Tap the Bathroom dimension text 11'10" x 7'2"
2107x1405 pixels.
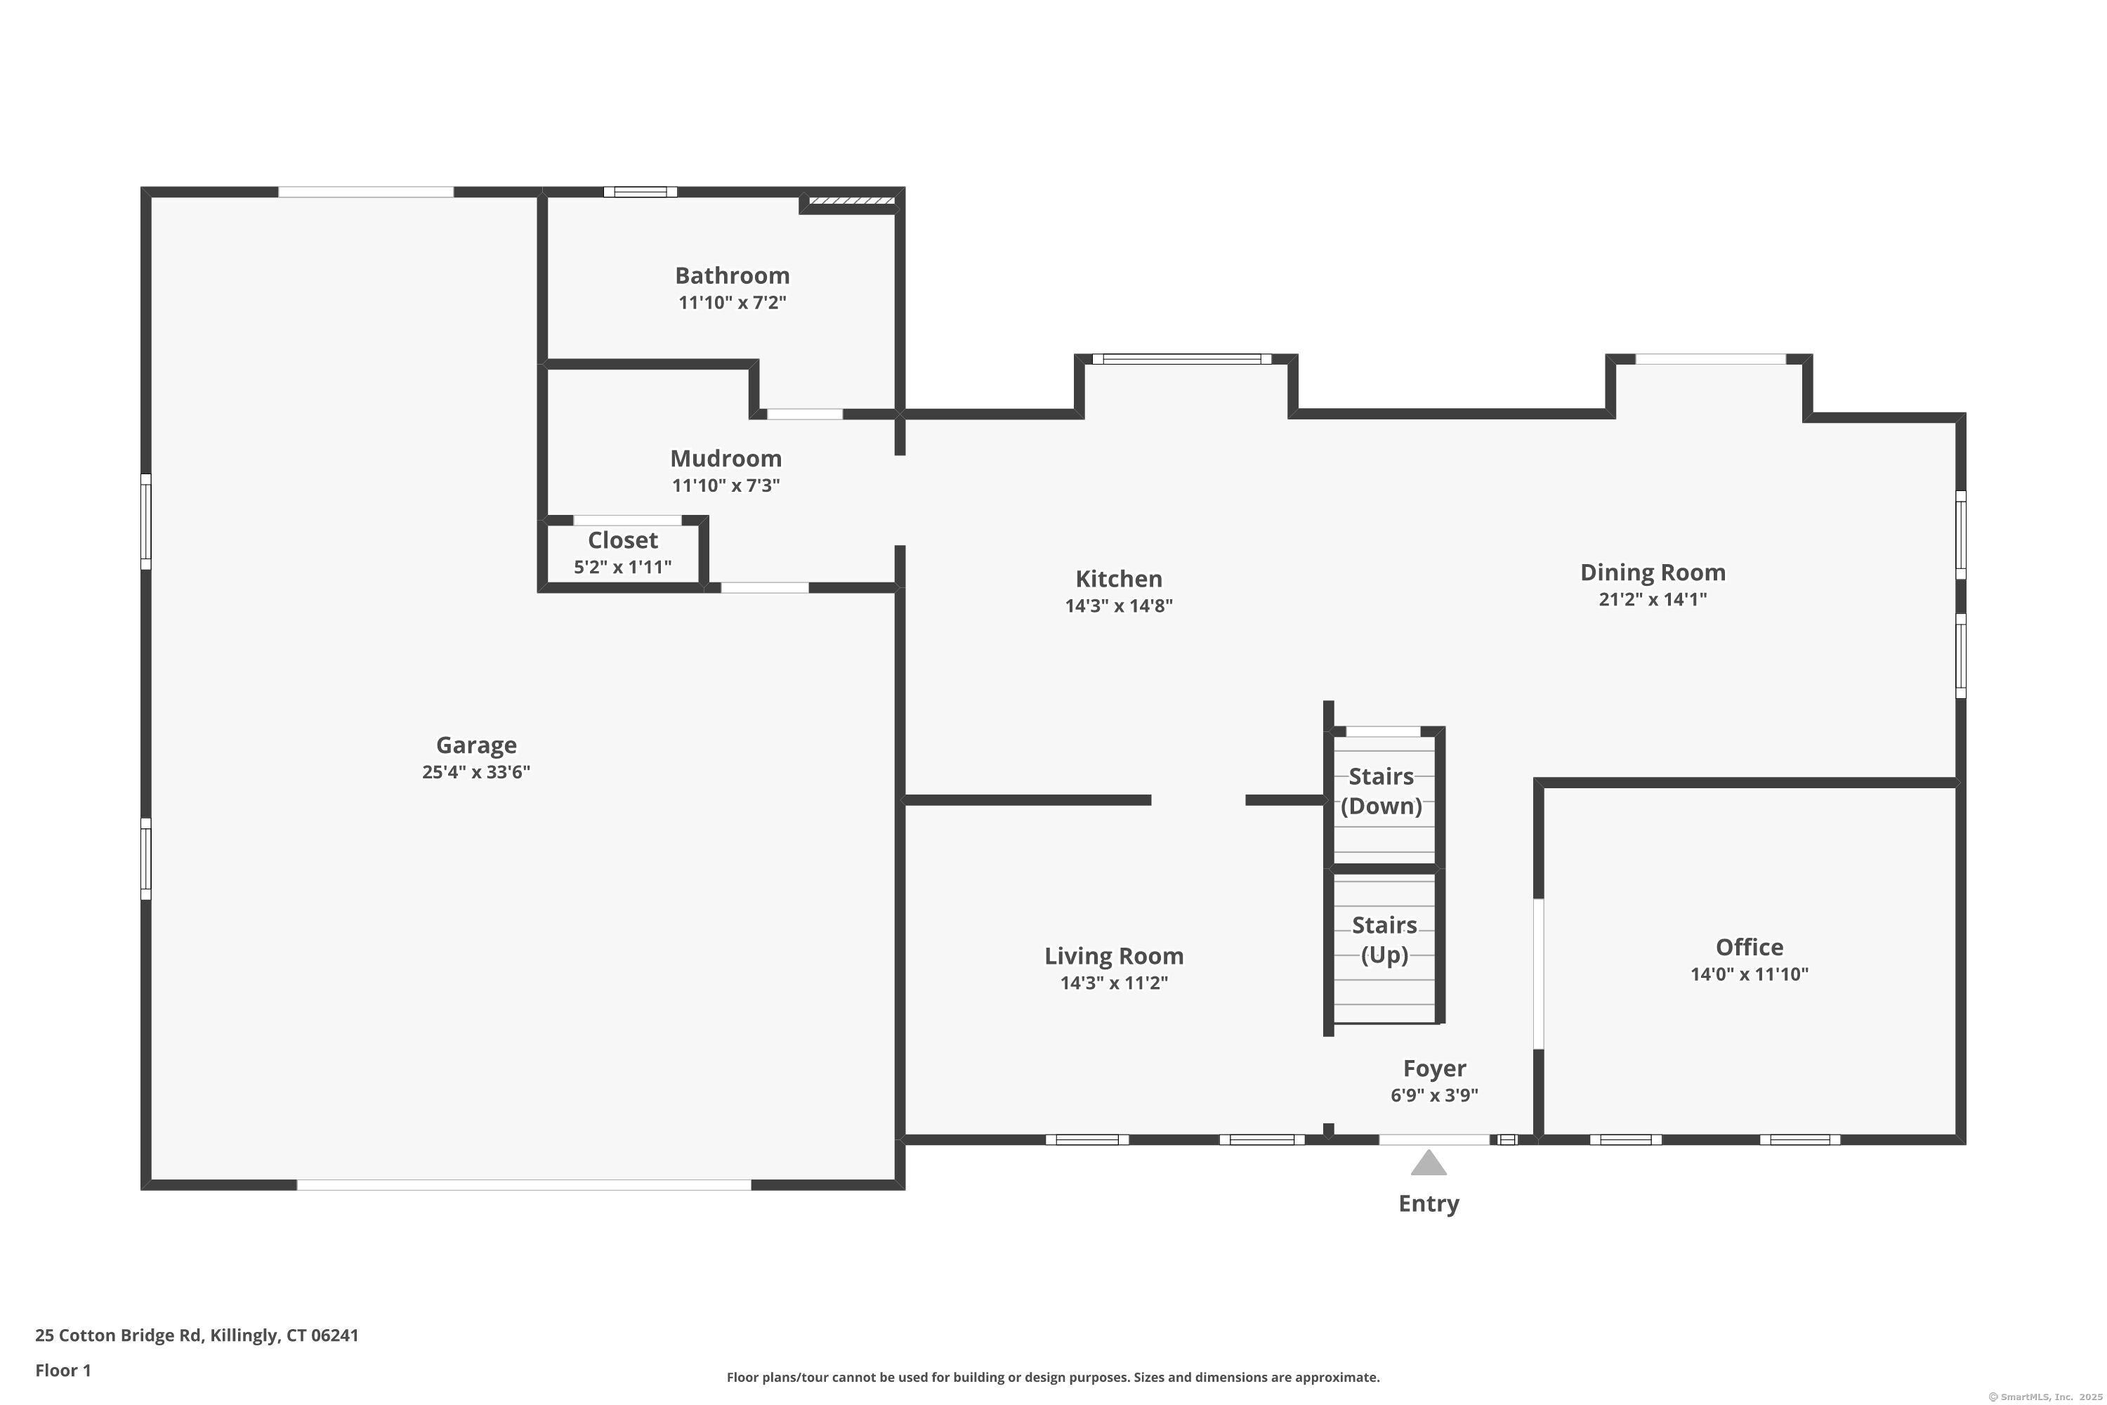[x=732, y=303]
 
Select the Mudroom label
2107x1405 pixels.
[x=726, y=459]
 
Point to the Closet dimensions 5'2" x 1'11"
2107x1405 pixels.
[x=622, y=567]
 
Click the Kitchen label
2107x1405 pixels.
[x=1119, y=579]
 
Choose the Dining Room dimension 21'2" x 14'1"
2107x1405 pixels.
[x=1653, y=599]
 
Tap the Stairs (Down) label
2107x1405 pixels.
[x=1381, y=791]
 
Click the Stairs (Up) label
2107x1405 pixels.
[x=1384, y=940]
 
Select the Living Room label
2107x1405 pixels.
[x=1113, y=956]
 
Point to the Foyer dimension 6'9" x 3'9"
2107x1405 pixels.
[x=1434, y=1095]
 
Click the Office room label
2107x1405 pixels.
[x=1749, y=947]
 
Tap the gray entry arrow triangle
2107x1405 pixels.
[x=1429, y=1164]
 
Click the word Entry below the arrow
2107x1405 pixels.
[x=1429, y=1203]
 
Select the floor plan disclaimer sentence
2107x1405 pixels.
[x=1053, y=1377]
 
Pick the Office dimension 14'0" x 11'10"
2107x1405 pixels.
[x=1749, y=974]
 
